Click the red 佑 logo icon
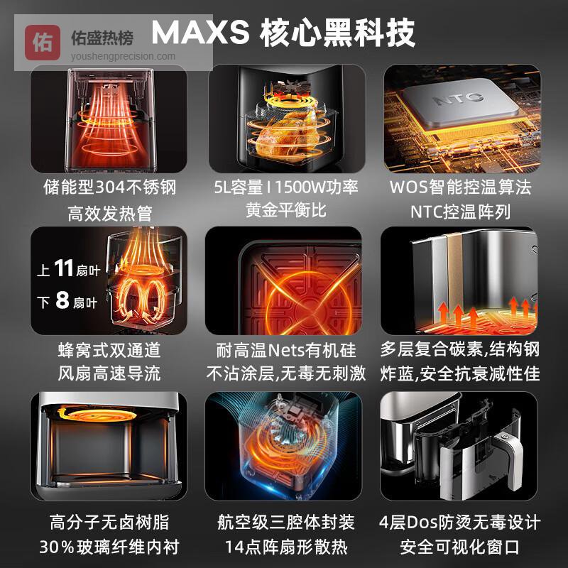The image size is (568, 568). (x=43, y=43)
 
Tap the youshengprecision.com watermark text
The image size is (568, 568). (x=123, y=57)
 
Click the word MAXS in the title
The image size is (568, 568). (x=200, y=33)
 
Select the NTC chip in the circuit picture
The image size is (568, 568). (x=460, y=103)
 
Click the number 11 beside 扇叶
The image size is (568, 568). (x=64, y=268)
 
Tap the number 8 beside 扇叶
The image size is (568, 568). (x=62, y=300)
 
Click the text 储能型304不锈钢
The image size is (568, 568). (x=110, y=187)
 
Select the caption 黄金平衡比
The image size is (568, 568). (x=286, y=210)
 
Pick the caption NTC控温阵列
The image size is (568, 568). (x=460, y=212)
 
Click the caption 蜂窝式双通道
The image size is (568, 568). (x=109, y=350)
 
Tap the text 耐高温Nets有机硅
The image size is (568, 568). (x=286, y=350)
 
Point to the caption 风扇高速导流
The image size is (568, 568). (x=109, y=373)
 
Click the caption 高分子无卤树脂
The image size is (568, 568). (x=109, y=523)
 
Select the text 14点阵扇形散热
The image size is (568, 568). (x=286, y=547)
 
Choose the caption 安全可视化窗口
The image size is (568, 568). (x=460, y=547)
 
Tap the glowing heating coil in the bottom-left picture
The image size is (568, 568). (x=98, y=414)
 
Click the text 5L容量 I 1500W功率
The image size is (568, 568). (x=286, y=187)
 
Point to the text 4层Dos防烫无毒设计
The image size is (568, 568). (x=460, y=523)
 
